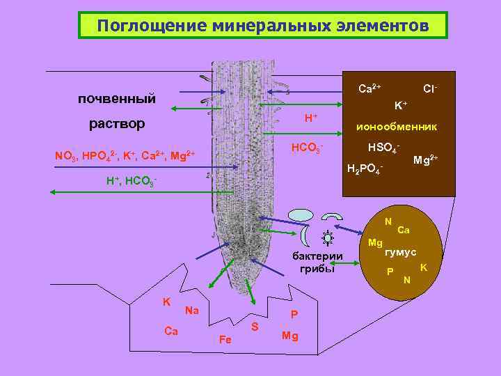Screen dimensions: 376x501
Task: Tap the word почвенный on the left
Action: (117, 98)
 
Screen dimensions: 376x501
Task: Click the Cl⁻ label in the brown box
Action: (430, 89)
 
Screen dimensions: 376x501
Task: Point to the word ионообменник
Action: (397, 127)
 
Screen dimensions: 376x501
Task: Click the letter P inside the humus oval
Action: (390, 271)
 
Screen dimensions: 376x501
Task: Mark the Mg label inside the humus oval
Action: (375, 242)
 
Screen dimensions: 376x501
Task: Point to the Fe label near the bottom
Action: (225, 340)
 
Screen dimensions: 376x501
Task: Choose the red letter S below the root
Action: (255, 326)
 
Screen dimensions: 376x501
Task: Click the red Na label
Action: (192, 311)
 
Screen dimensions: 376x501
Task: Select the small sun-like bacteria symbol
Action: (326, 237)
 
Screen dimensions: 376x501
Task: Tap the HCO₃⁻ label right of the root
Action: (307, 148)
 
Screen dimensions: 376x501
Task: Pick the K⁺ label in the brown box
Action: (401, 105)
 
